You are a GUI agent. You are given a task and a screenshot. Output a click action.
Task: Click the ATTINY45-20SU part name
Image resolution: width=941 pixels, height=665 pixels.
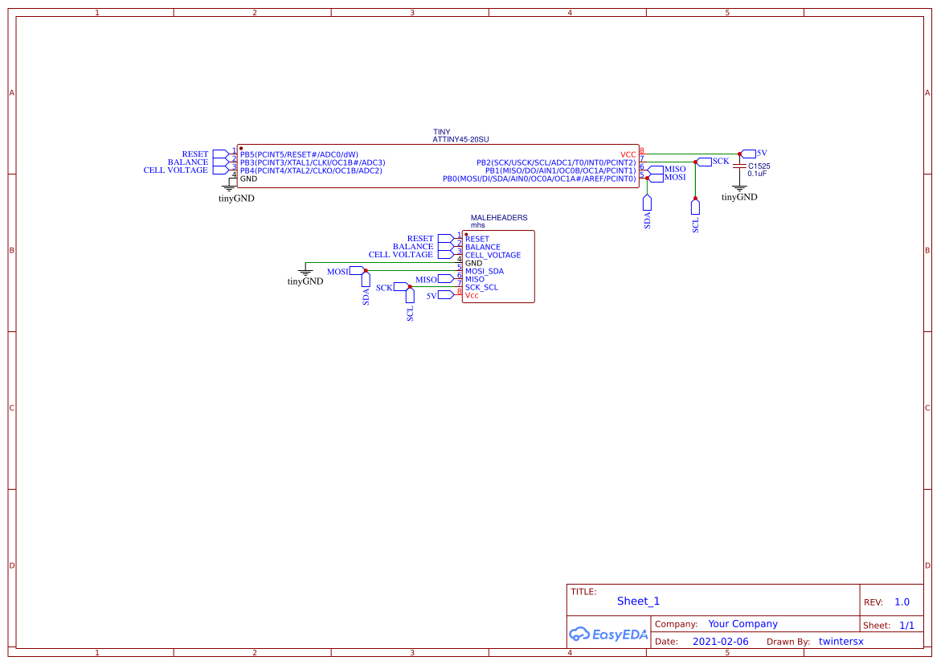(460, 139)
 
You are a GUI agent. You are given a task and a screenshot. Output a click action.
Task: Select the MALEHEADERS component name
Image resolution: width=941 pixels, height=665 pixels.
(498, 218)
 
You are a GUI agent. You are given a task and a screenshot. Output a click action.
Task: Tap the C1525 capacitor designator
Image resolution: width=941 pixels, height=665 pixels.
(759, 166)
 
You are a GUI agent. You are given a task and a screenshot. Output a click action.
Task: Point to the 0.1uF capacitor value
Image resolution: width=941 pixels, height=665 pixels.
(758, 174)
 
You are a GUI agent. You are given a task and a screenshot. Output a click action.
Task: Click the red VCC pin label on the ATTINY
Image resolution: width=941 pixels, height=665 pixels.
(628, 154)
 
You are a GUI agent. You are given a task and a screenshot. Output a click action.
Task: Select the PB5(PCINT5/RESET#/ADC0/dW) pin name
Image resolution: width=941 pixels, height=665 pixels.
(299, 154)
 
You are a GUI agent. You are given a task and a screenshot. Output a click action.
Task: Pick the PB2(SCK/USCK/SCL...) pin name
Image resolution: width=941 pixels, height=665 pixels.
(556, 162)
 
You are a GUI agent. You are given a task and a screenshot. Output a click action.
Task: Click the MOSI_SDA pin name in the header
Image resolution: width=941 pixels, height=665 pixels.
(485, 271)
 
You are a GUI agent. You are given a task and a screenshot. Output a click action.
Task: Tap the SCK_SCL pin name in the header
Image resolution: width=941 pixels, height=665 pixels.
(481, 287)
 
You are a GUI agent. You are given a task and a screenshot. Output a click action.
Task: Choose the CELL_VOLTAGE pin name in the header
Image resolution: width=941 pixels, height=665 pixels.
(493, 255)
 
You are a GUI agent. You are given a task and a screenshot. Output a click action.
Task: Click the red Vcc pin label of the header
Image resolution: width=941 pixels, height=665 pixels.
(472, 295)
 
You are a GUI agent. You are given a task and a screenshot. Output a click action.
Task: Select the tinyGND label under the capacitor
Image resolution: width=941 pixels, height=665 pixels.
(739, 197)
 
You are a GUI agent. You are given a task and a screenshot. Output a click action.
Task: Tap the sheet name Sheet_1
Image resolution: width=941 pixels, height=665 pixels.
(638, 601)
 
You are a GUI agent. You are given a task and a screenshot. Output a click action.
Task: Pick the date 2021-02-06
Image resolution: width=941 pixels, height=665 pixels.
(720, 642)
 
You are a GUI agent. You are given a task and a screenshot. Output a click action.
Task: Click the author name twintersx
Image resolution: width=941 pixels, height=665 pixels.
(841, 642)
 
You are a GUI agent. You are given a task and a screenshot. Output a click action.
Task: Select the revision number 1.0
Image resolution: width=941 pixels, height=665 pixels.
(902, 602)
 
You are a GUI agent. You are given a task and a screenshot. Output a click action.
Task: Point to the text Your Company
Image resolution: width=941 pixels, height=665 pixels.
(743, 624)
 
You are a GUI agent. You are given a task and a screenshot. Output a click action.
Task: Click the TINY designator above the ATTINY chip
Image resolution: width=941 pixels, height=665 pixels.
(441, 132)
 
